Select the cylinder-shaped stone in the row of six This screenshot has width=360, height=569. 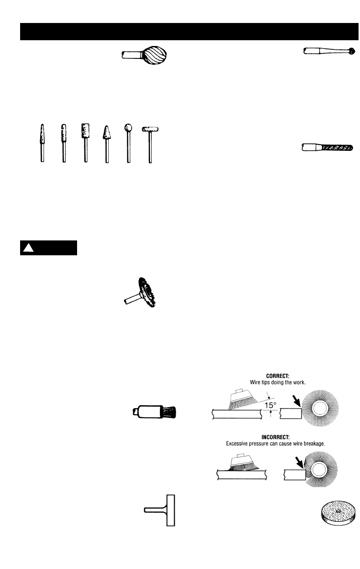[85, 131]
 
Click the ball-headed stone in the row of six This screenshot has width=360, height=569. [128, 128]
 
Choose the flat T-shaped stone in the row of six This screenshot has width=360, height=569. [150, 129]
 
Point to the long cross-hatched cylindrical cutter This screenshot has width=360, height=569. [337, 148]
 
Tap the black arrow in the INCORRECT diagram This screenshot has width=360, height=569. [298, 462]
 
